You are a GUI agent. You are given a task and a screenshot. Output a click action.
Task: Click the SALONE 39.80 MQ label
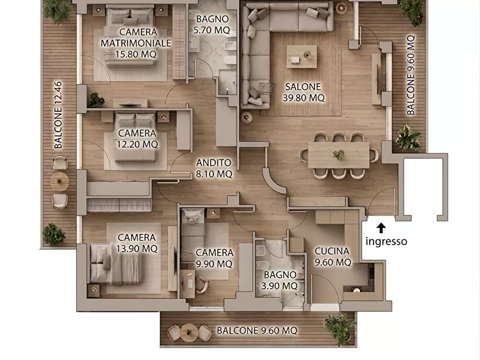click(303, 92)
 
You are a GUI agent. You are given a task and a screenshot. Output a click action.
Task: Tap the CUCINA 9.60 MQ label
click(332, 257)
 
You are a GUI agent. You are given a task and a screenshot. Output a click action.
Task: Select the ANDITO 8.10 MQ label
click(214, 168)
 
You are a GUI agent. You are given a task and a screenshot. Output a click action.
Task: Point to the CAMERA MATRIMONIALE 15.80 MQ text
click(136, 43)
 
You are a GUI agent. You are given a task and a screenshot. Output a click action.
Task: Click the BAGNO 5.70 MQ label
click(212, 25)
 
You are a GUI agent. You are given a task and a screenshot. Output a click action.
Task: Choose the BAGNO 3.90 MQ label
click(280, 280)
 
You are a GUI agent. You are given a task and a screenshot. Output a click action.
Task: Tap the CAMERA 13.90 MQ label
click(137, 243)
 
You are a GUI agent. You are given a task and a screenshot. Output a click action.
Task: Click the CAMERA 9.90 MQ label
click(214, 258)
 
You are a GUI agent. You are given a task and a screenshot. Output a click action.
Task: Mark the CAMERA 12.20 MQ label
click(137, 139)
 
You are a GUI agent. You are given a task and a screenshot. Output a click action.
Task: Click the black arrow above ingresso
click(381, 228)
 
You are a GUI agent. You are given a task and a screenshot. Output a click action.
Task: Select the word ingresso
click(386, 241)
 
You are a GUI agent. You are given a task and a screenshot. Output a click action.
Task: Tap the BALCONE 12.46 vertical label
click(58, 115)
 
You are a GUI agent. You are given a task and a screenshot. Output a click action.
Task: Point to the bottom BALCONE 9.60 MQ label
click(257, 330)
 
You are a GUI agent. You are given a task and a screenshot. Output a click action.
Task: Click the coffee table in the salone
click(302, 56)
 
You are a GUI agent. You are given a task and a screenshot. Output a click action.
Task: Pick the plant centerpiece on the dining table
click(338, 154)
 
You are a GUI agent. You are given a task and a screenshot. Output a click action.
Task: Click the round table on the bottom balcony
click(189, 333)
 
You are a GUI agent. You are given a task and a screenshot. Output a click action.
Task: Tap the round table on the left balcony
click(60, 182)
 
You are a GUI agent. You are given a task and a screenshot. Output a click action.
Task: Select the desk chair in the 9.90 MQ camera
click(202, 285)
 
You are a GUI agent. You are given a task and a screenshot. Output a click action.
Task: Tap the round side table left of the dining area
click(246, 117)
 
